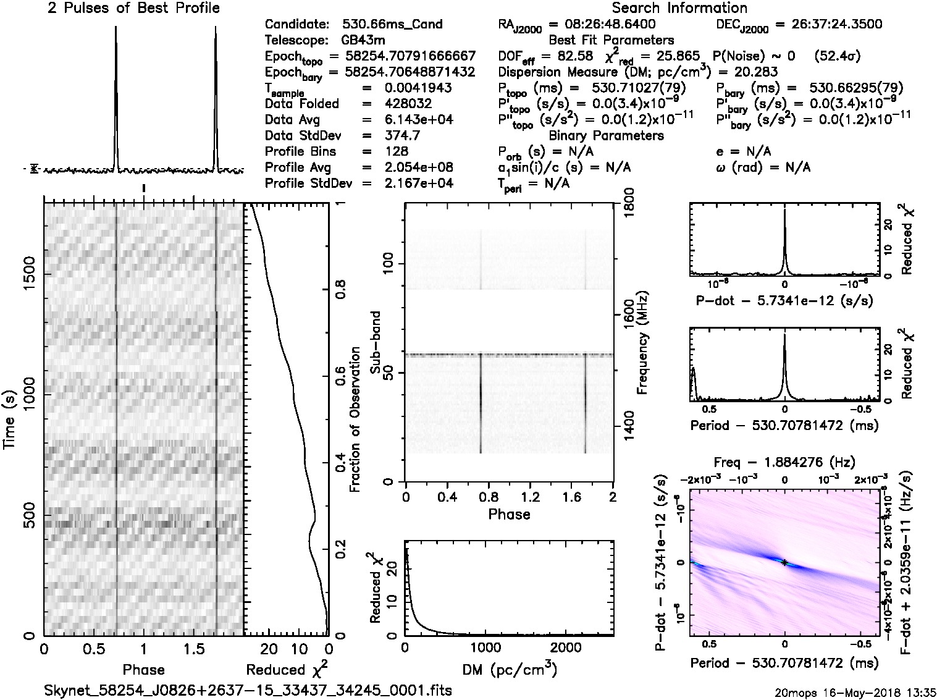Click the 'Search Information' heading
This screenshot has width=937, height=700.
[679, 9]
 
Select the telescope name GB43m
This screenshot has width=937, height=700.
[365, 40]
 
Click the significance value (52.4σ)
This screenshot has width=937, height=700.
[837, 56]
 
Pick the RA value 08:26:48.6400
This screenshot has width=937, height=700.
[602, 25]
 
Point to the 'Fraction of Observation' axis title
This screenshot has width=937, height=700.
[355, 420]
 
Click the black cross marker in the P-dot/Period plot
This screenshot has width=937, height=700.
[784, 562]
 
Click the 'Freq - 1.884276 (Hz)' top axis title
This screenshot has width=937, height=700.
[784, 462]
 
